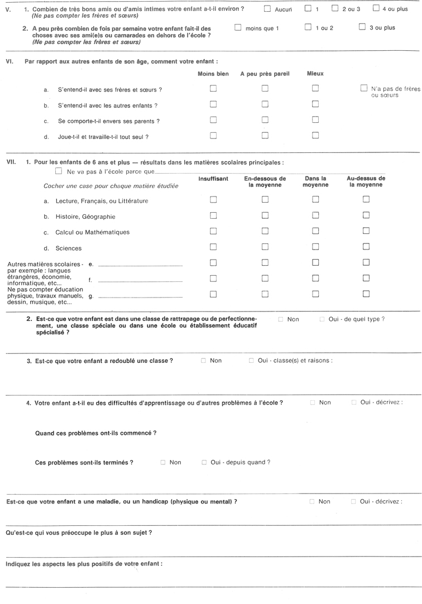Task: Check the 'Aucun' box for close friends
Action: [267, 9]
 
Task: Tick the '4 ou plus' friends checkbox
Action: [376, 9]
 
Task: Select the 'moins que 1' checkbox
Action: [238, 27]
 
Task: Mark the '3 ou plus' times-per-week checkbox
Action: [362, 27]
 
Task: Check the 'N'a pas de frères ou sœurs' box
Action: [364, 88]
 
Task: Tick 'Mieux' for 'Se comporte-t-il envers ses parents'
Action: [315, 119]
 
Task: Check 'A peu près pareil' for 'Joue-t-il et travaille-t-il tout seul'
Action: [265, 135]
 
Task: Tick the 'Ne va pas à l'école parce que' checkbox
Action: [59, 172]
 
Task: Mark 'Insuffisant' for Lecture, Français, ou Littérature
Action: [213, 199]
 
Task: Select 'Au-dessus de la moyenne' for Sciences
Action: [366, 247]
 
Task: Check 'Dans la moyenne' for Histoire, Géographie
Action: [315, 215]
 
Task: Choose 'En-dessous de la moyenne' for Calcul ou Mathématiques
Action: [265, 231]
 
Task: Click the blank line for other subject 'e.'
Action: [140, 265]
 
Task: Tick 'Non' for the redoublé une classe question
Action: [203, 361]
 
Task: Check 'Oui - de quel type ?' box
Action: [322, 319]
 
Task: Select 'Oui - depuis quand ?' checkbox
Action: [204, 462]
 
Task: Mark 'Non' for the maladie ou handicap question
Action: [311, 502]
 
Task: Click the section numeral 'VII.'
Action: [10, 162]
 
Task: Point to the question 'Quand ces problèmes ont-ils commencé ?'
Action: [95, 433]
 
